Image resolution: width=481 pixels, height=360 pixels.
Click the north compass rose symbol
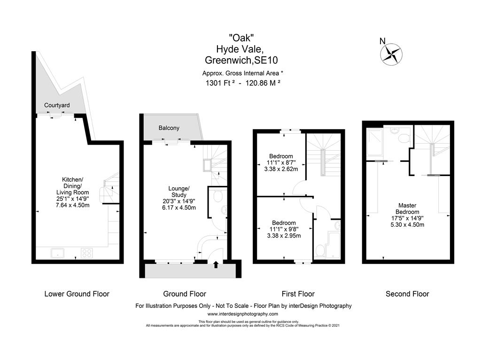(x=391, y=53)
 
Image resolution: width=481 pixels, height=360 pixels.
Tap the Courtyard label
(x=57, y=105)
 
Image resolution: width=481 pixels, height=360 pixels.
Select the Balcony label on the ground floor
(x=169, y=128)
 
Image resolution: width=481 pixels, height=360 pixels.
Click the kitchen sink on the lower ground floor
(x=59, y=253)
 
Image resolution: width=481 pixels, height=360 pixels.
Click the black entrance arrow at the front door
(x=216, y=265)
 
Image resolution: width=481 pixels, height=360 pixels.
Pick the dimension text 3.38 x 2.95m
(x=284, y=236)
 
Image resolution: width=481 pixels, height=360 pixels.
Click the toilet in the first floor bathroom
(x=319, y=251)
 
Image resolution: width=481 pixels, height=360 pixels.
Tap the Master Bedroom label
(x=407, y=208)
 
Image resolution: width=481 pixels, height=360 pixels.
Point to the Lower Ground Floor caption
(x=77, y=294)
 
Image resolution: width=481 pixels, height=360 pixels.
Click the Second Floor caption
(x=407, y=294)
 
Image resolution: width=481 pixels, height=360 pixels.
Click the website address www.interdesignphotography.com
(x=243, y=314)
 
